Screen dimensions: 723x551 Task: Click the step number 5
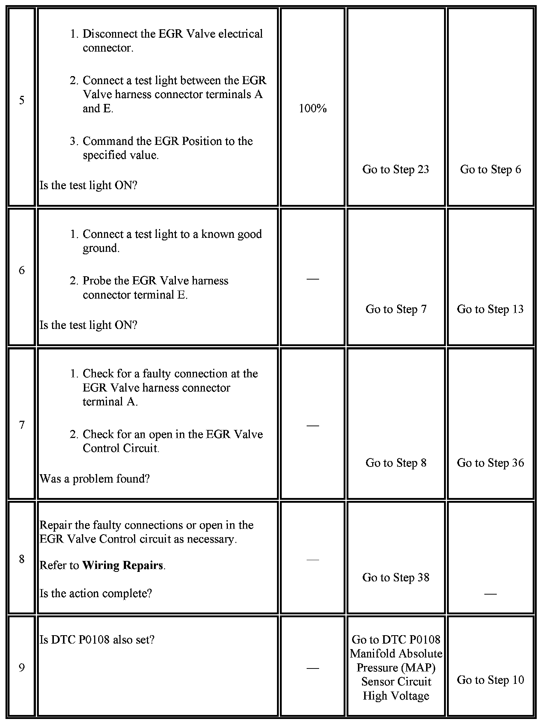pyautogui.click(x=22, y=100)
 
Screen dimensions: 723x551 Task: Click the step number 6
pyautogui.click(x=22, y=270)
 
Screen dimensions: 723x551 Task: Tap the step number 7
pyautogui.click(x=22, y=425)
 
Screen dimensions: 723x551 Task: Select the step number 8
pyautogui.click(x=22, y=559)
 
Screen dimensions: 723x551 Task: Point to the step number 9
pyautogui.click(x=22, y=668)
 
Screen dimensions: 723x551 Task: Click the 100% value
pyautogui.click(x=313, y=108)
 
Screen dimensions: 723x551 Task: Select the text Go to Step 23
pyautogui.click(x=396, y=169)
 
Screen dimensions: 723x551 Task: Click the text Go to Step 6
pyautogui.click(x=490, y=169)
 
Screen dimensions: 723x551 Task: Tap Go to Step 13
pyautogui.click(x=490, y=309)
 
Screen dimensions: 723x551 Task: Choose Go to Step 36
pyautogui.click(x=490, y=463)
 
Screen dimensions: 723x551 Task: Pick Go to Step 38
pyautogui.click(x=396, y=577)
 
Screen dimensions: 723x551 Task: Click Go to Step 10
pyautogui.click(x=490, y=680)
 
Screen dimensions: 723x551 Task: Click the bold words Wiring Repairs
pyautogui.click(x=123, y=565)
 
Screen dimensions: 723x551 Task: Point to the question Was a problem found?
pyautogui.click(x=95, y=479)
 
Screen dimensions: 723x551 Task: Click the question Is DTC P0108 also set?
pyautogui.click(x=97, y=640)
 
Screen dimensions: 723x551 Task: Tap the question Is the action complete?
pyautogui.click(x=96, y=593)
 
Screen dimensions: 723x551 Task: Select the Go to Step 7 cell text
pyautogui.click(x=396, y=309)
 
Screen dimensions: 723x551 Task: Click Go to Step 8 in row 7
pyautogui.click(x=396, y=463)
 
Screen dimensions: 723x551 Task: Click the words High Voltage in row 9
pyautogui.click(x=396, y=696)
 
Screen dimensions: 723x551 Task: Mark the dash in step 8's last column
pyautogui.click(x=490, y=594)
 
